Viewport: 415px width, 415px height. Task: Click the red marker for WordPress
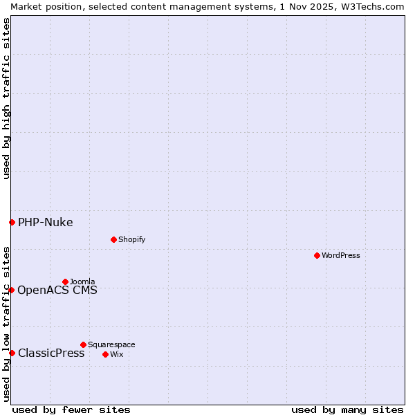pos(317,255)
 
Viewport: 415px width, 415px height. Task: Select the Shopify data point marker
pos(114,239)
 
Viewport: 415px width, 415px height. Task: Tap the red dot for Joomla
pos(66,282)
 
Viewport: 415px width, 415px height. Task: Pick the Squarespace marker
pos(84,344)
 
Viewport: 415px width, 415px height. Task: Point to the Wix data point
pos(106,354)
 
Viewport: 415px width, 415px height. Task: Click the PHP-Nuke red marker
pos(12,222)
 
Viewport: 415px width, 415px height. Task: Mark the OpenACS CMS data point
pos(12,290)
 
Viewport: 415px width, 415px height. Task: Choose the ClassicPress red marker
pos(12,353)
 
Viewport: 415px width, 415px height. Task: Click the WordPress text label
pos(341,255)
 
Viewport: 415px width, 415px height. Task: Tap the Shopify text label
pos(132,239)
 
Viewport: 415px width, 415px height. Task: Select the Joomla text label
pos(82,282)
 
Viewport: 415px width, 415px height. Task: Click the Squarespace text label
pos(111,344)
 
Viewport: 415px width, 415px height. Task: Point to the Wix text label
pos(116,354)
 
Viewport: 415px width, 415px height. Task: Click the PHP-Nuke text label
pos(46,222)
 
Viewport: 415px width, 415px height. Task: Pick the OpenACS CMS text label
pos(57,290)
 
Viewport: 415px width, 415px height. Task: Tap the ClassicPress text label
pos(51,353)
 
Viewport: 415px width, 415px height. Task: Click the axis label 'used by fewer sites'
pos(71,409)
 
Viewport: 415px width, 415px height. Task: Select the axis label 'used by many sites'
pos(347,409)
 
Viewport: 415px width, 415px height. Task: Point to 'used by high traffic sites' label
pos(6,98)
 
